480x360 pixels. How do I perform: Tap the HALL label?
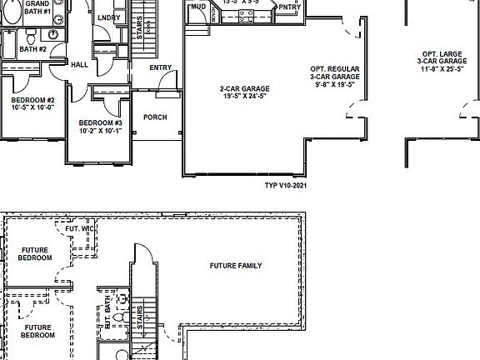coord(80,65)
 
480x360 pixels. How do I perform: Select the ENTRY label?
coord(160,68)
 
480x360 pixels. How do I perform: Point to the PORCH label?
coord(155,117)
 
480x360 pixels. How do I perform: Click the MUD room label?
coord(198,7)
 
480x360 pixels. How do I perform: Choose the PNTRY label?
coord(288,7)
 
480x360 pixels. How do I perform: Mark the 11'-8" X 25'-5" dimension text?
coord(442,69)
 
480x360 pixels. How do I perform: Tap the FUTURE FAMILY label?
coord(236,266)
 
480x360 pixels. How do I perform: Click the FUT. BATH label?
coord(107,317)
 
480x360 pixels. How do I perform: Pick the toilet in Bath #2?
coord(31,37)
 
